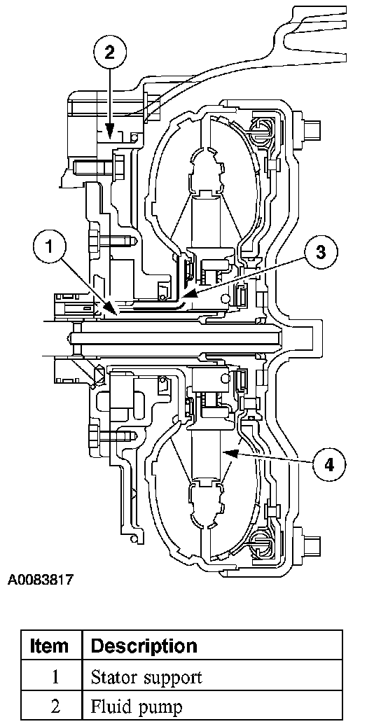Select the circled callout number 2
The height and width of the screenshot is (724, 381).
pyautogui.click(x=109, y=53)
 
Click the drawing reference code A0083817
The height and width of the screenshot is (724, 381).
pyautogui.click(x=41, y=579)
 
